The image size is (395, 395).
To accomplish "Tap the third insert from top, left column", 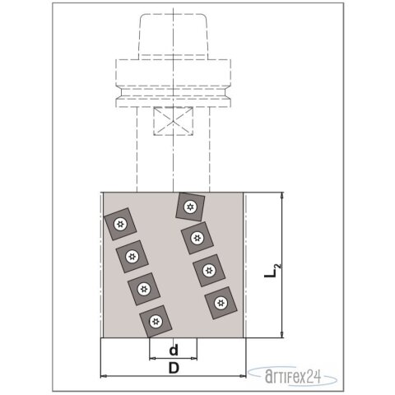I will [x=145, y=289].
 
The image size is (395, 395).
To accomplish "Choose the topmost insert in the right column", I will [x=190, y=206].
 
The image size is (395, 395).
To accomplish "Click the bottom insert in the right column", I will [x=220, y=302].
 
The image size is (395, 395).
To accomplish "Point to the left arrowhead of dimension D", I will [x=104, y=376].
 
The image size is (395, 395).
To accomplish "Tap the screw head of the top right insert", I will [x=190, y=206].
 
